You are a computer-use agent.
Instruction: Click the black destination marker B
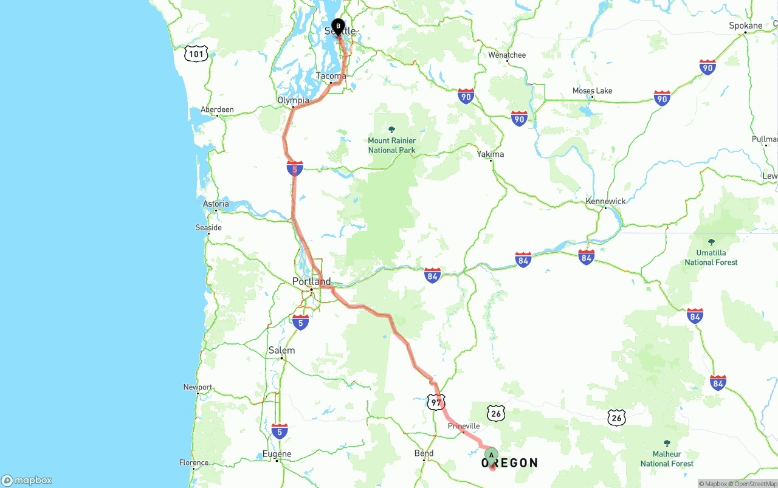point(338,27)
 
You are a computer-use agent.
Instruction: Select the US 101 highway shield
point(196,54)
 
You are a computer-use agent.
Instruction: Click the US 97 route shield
point(436,402)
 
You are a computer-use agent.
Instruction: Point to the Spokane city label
point(745,26)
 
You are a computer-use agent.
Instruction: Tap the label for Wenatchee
point(507,55)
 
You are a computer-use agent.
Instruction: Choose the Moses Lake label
point(592,91)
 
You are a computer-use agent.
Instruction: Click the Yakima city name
point(490,154)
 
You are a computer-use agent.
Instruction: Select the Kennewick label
point(605,201)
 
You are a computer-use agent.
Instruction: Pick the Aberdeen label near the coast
point(217,110)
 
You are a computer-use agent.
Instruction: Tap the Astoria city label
point(216,204)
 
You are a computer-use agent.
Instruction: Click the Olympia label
point(293,101)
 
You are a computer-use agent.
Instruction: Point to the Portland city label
point(311,281)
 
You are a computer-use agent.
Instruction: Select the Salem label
point(281,351)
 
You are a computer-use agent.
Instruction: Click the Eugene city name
point(277,454)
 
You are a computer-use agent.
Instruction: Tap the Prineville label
point(464,427)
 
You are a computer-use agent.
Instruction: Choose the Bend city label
point(424,453)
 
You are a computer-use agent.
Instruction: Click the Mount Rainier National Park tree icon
point(391,129)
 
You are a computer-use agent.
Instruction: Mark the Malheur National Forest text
point(667,459)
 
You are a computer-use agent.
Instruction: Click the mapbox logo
point(27,481)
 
